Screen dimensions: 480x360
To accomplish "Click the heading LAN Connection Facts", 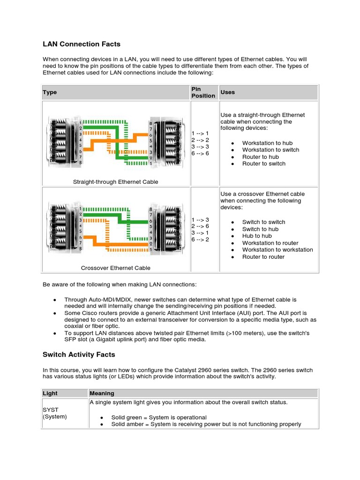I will click(x=82, y=44).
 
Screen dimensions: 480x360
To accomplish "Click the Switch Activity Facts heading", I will click(x=79, y=354).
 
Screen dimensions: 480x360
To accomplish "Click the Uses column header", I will click(x=227, y=92).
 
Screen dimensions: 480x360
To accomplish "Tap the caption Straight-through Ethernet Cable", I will click(x=115, y=182).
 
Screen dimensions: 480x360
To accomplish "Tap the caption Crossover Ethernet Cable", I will click(x=115, y=268).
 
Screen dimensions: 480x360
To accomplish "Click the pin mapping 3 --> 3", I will click(x=200, y=147).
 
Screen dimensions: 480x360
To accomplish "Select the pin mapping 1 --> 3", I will click(x=200, y=219).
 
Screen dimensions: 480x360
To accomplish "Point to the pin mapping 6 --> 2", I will click(x=200, y=240).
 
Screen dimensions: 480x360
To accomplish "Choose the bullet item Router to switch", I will click(x=263, y=164).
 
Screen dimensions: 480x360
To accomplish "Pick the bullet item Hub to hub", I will click(x=257, y=236).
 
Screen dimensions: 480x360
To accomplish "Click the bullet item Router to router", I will click(x=263, y=257).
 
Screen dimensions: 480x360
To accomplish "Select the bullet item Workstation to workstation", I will click(x=277, y=250).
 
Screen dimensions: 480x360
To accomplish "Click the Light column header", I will click(x=50, y=393).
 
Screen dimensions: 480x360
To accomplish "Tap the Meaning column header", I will click(x=102, y=393).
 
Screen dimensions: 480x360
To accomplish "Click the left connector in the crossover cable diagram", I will click(x=63, y=227).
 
